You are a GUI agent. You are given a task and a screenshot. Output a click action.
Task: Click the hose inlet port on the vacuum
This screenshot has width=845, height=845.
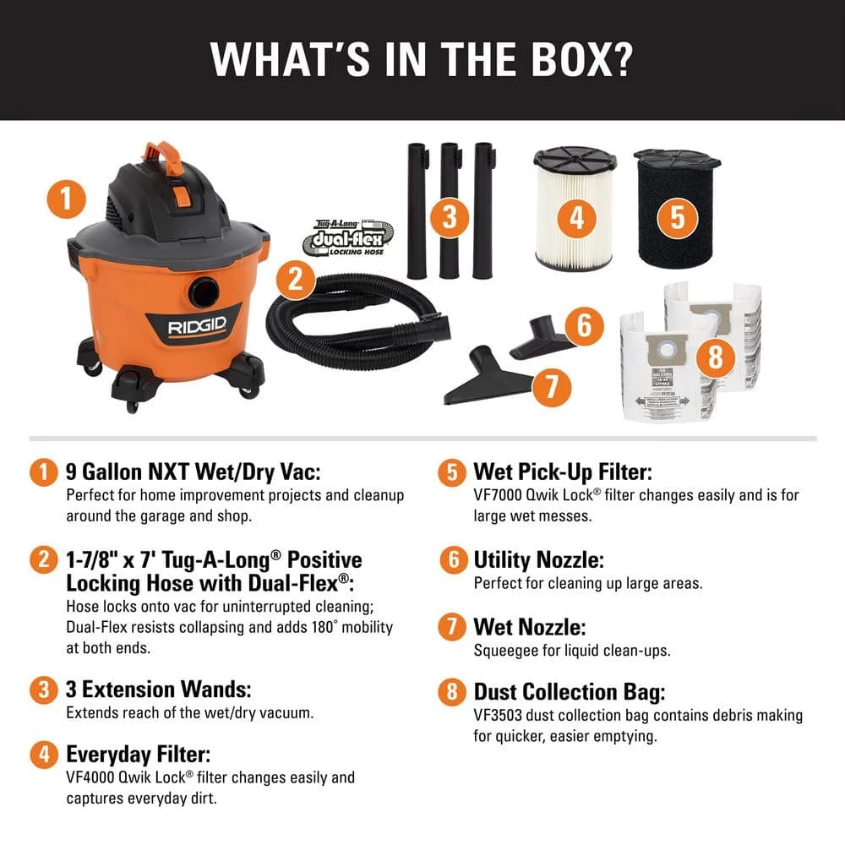click(203, 292)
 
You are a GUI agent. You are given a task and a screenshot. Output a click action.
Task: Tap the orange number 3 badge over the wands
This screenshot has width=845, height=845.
click(449, 217)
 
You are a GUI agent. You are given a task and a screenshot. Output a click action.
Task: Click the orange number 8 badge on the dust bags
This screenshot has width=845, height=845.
click(716, 357)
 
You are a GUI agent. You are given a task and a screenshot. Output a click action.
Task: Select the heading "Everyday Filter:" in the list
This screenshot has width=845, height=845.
click(138, 753)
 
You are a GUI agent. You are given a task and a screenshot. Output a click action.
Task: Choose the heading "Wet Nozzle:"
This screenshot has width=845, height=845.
click(529, 627)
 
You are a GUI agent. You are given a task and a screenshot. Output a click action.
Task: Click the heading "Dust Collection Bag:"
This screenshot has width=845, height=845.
click(569, 692)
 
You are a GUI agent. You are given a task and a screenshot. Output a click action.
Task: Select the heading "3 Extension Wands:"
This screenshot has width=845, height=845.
click(159, 689)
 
